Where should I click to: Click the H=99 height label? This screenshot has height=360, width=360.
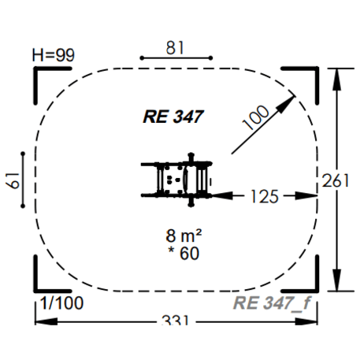pyautogui.click(x=54, y=55)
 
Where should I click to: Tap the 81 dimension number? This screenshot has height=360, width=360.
pyautogui.click(x=175, y=48)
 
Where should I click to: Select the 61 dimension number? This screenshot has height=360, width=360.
pyautogui.click(x=13, y=180)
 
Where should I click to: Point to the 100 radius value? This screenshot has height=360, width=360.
pyautogui.click(x=256, y=117)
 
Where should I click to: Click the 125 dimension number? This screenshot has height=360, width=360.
pyautogui.click(x=265, y=197)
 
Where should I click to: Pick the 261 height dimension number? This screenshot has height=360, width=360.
pyautogui.click(x=336, y=181)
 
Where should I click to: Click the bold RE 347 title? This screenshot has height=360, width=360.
pyautogui.click(x=173, y=117)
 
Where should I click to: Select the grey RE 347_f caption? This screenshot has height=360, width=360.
pyautogui.click(x=272, y=303)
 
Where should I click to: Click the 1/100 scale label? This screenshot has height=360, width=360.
pyautogui.click(x=61, y=302)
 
